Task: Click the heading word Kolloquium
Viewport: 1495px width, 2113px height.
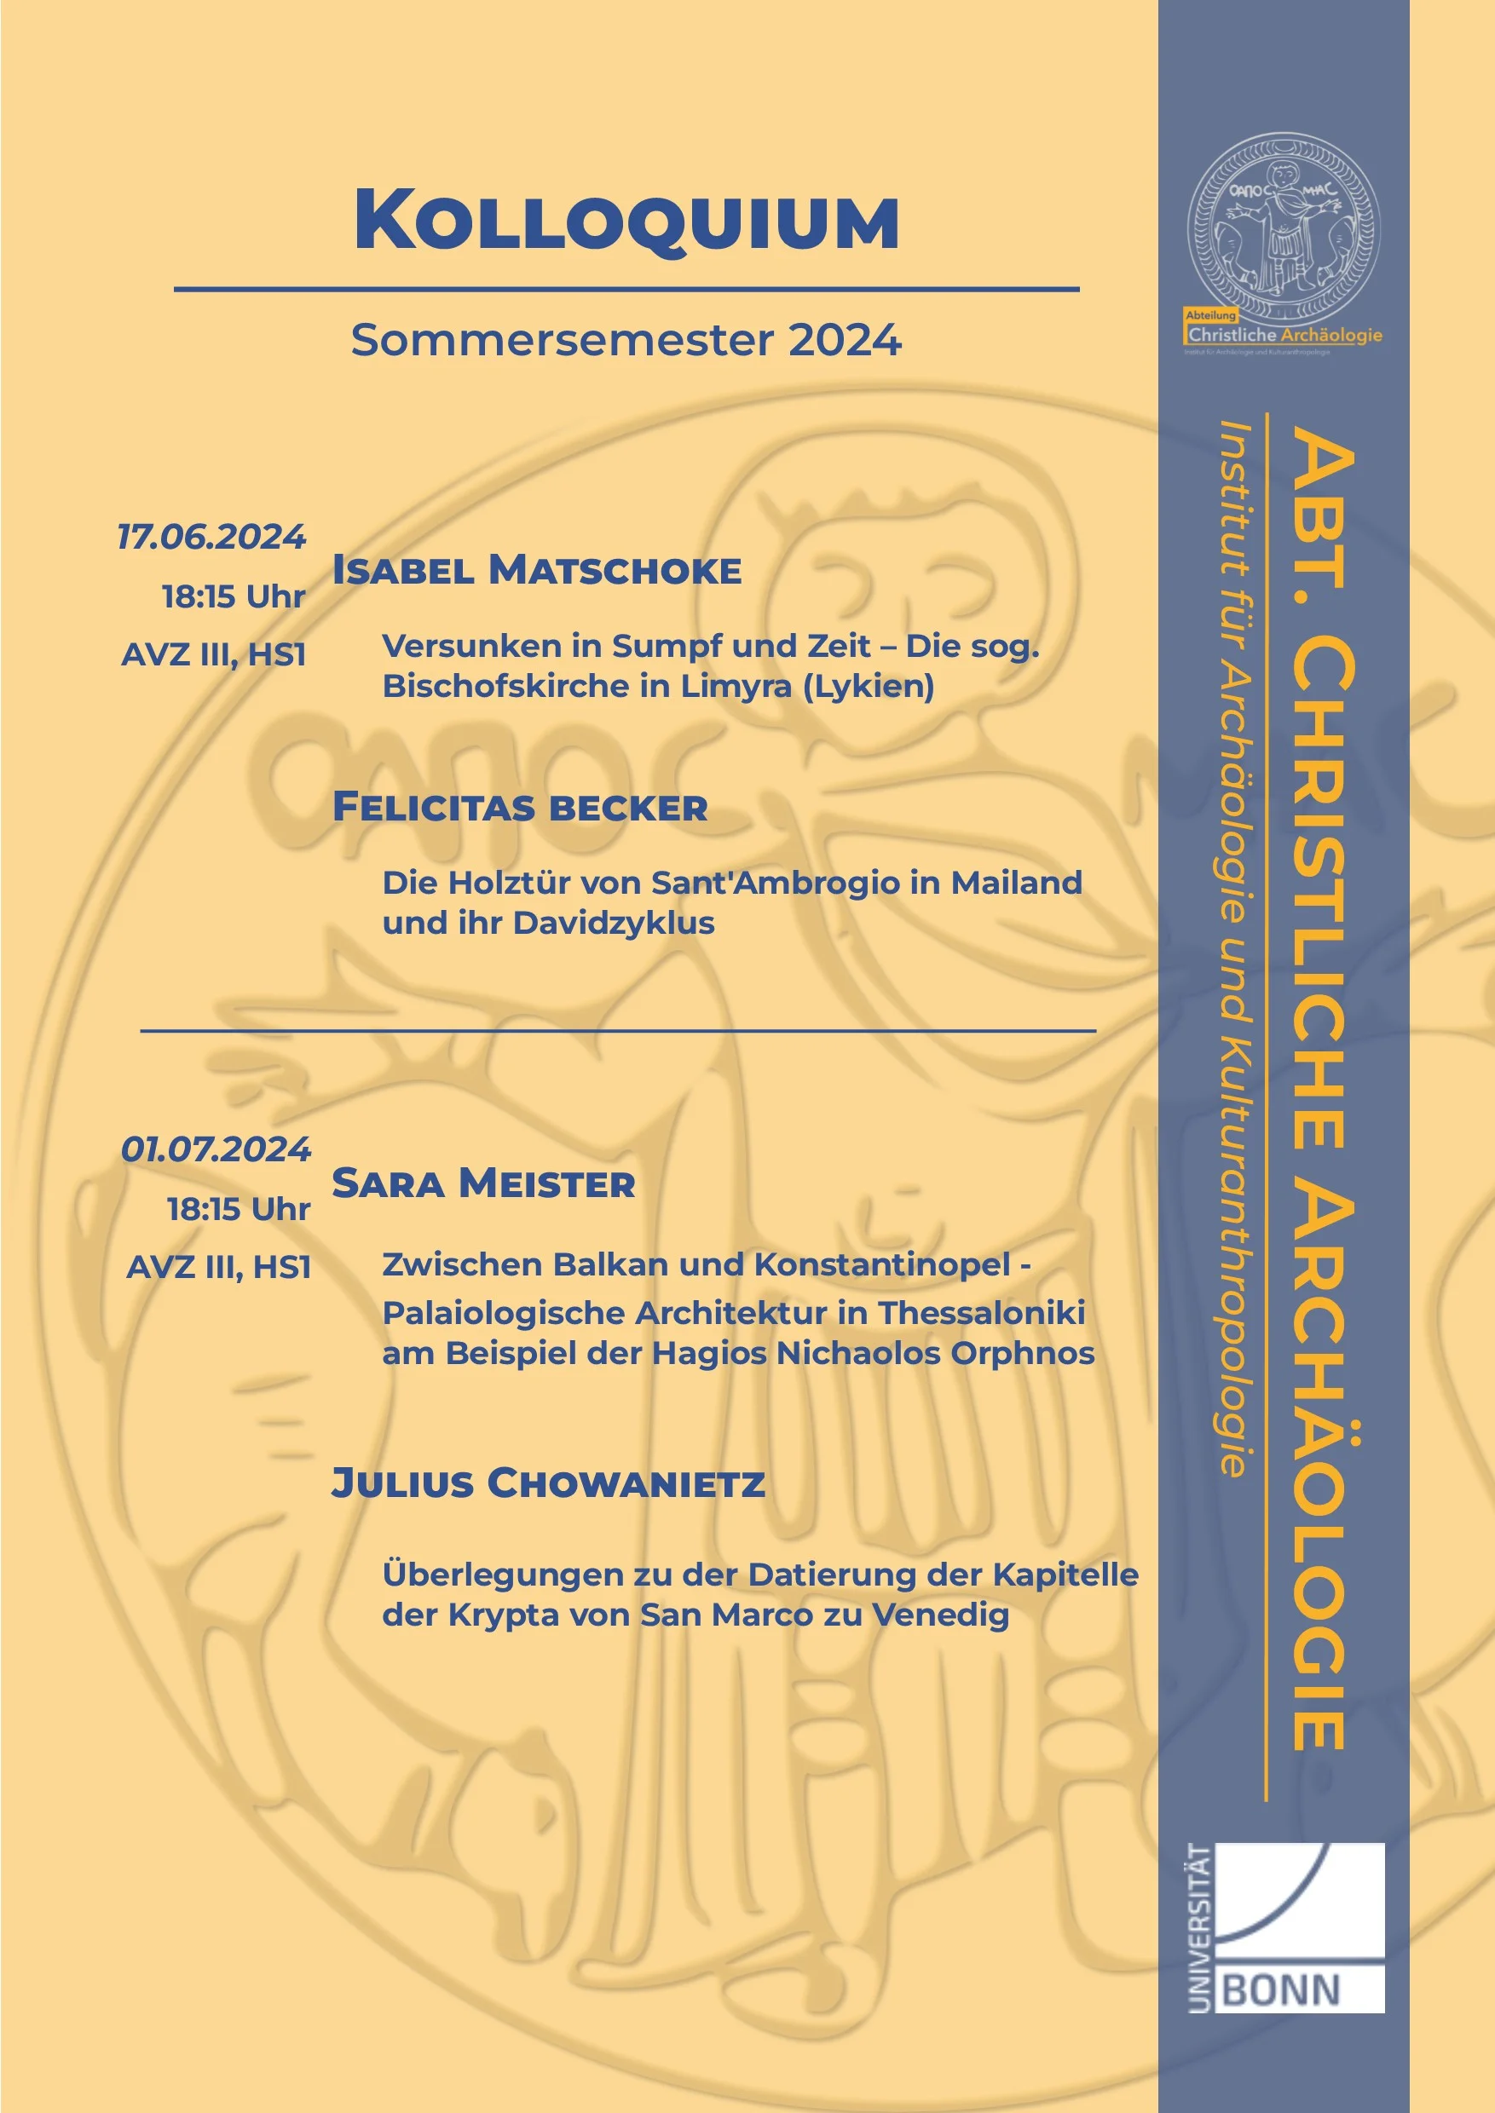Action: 626,221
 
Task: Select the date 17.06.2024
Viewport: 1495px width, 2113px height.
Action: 211,537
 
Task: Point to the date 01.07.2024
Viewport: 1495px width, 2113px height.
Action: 216,1149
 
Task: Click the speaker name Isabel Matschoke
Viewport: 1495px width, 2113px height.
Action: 537,571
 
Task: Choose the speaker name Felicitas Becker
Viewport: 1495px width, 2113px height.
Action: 520,807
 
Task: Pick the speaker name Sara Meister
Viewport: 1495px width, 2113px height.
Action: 483,1183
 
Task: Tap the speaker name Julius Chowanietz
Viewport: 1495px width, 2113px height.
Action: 548,1483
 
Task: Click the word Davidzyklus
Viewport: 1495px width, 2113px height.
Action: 613,923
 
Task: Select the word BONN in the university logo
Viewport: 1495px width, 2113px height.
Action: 1280,1990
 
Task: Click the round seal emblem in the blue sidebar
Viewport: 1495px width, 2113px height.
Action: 1284,226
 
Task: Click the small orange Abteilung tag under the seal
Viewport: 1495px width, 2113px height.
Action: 1210,314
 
